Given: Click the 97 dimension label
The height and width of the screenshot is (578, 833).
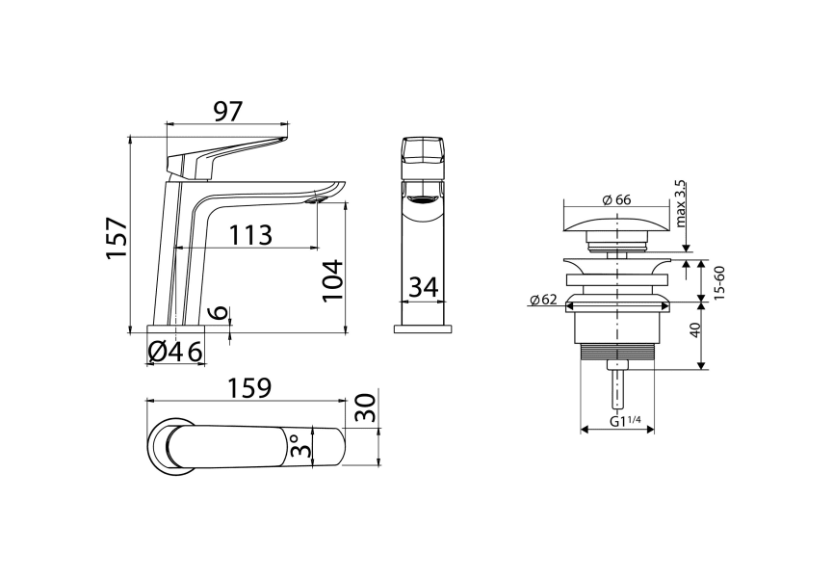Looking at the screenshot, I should click(227, 111).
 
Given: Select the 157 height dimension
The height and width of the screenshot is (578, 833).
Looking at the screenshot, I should click(116, 237).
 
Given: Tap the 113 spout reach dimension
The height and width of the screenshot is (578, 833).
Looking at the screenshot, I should click(250, 234).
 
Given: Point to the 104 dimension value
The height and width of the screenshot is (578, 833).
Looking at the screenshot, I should click(331, 280).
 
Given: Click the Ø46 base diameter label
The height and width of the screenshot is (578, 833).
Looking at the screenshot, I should click(175, 352).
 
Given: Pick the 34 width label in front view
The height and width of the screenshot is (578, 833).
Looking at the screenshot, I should click(424, 286).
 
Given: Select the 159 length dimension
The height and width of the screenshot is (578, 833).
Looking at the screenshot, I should click(247, 387).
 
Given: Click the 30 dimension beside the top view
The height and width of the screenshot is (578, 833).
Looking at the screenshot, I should click(363, 407).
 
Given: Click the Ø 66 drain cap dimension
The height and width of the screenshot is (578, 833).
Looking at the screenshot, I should click(615, 199).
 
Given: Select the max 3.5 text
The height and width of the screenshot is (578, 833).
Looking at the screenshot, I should click(680, 202).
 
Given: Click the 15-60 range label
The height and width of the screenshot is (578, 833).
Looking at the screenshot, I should click(717, 279).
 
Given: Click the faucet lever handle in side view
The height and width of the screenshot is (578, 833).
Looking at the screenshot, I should click(226, 154).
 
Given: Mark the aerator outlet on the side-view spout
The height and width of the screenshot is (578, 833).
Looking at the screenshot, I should click(316, 201).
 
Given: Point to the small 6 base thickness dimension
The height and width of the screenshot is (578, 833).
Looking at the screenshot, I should click(219, 312).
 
